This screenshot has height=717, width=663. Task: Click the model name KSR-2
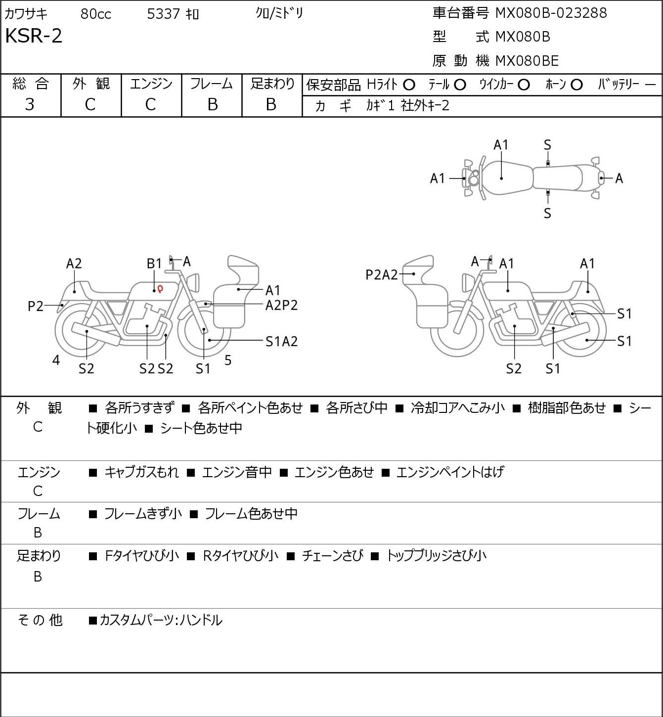[34, 36]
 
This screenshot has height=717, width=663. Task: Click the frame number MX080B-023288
[551, 13]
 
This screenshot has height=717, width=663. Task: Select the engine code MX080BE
[527, 61]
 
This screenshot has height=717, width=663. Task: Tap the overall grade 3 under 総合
[30, 105]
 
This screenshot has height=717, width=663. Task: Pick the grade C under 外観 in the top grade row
[90, 105]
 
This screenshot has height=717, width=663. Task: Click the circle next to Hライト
[409, 85]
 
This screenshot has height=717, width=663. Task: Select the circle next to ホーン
[576, 85]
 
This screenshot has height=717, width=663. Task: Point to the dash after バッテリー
[650, 85]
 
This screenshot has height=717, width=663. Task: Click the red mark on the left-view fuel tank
[160, 289]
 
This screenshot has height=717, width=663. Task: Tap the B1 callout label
[154, 264]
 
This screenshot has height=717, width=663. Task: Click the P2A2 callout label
[381, 275]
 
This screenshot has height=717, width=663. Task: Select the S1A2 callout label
[282, 341]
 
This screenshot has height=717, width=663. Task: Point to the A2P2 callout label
[282, 306]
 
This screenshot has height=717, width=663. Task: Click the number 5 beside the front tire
[228, 360]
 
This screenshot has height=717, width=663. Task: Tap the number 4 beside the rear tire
[56, 360]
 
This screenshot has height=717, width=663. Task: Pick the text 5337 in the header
[163, 14]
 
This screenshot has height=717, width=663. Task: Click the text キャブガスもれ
[141, 472]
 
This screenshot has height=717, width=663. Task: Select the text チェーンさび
[332, 555]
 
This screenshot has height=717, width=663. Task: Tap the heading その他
[40, 620]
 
